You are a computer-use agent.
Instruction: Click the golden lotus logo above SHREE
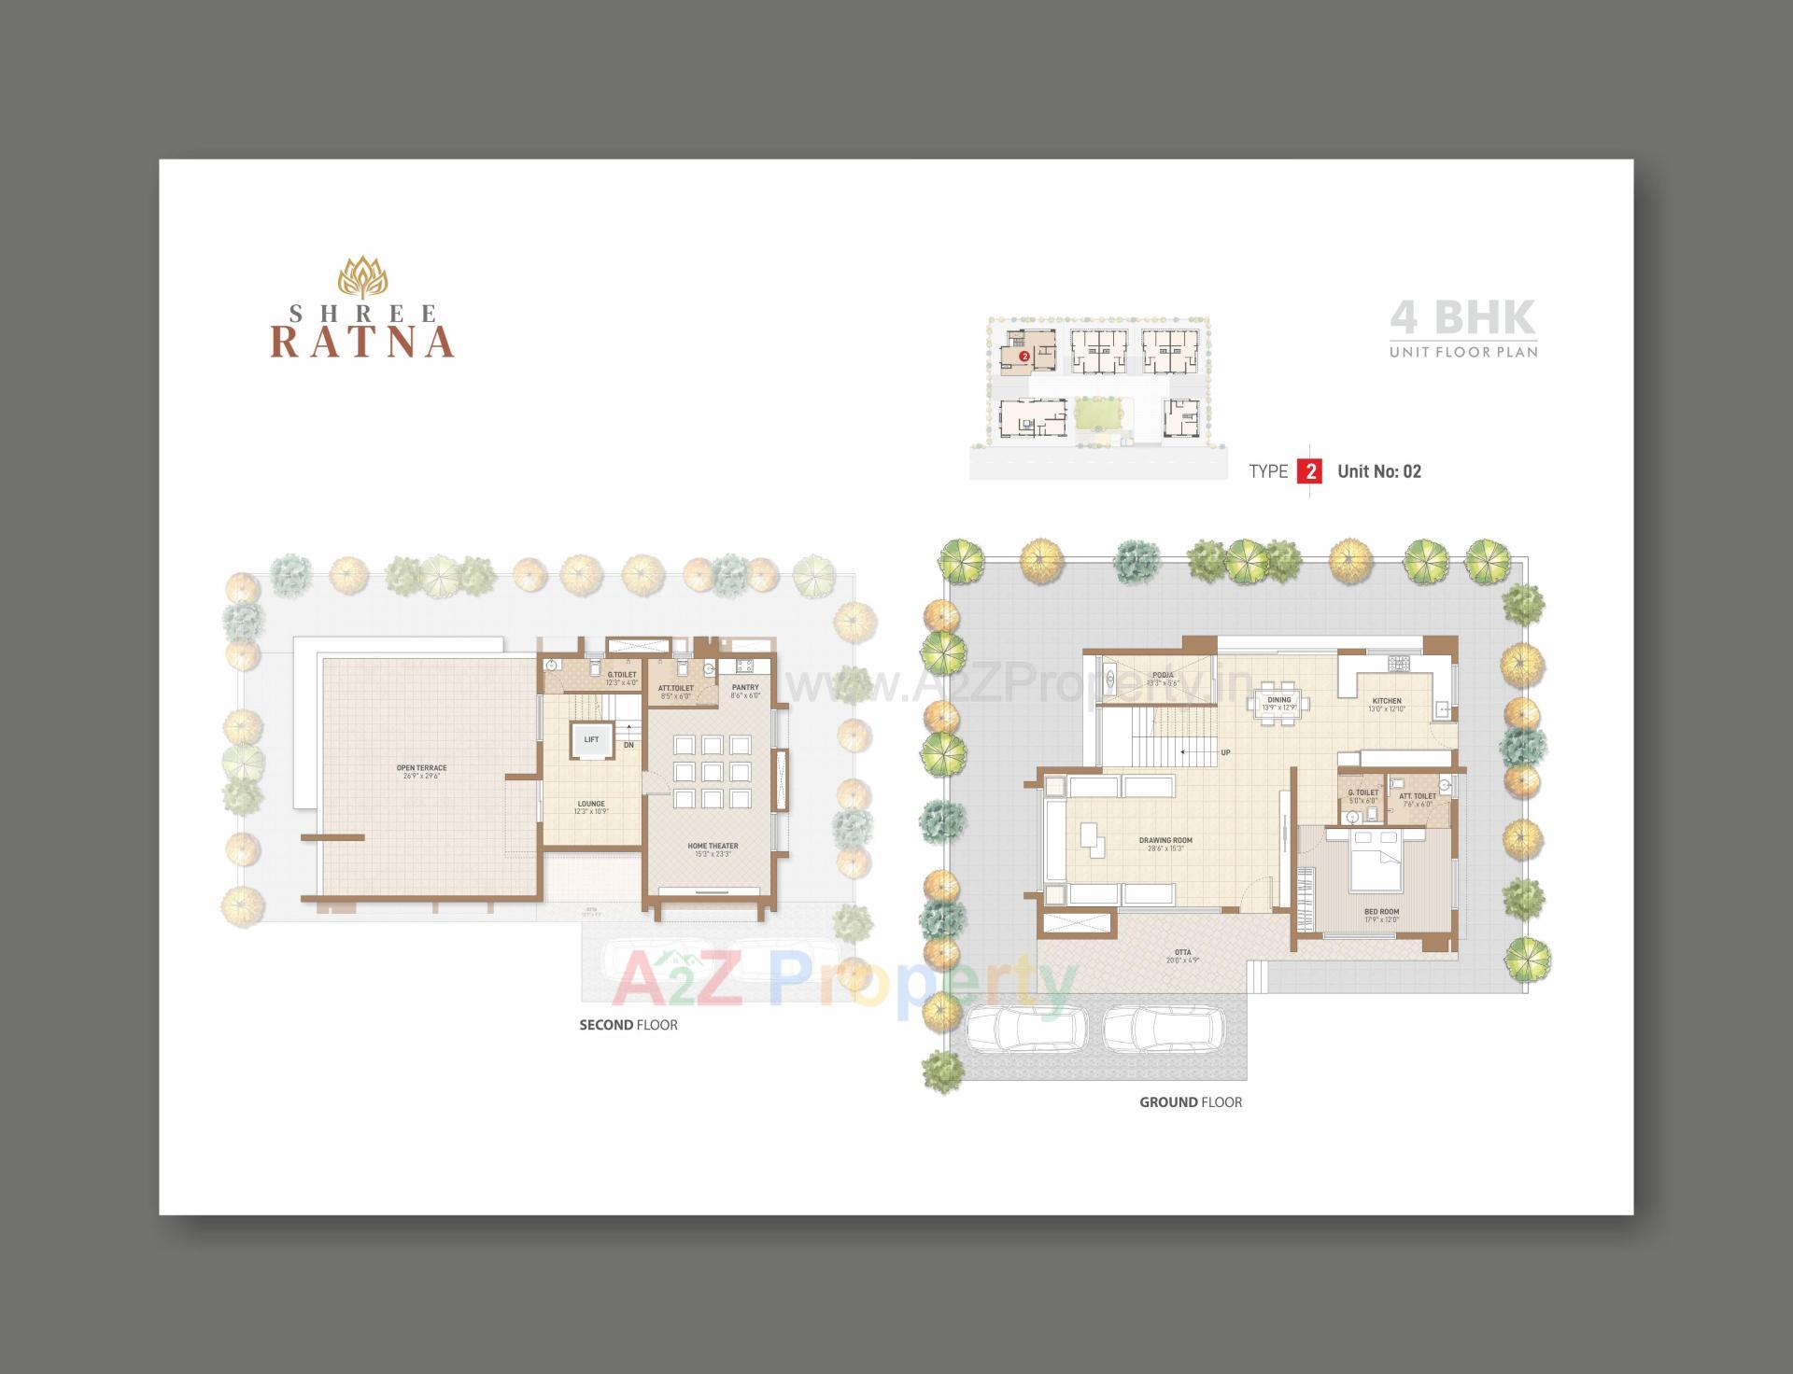pos(361,277)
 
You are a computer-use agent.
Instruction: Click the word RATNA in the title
pos(362,342)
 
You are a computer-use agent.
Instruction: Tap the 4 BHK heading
pos(1462,317)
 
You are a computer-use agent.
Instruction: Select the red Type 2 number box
pos(1309,471)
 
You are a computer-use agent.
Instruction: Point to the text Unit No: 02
pos(1378,471)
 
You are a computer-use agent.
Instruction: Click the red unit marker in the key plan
pos(1024,357)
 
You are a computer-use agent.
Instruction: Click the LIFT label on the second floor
pos(591,739)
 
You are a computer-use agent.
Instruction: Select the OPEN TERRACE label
pos(421,768)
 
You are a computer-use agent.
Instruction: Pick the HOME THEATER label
pos(713,847)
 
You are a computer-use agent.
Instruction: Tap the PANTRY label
pos(745,688)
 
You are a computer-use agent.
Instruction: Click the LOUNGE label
pos(591,804)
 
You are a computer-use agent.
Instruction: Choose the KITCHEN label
pos(1387,701)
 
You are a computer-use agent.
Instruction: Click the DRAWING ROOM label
pos(1165,840)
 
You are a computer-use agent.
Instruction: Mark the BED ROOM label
pos(1381,912)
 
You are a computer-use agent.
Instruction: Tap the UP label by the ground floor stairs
pos(1225,752)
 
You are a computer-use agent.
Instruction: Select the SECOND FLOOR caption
pos(628,1025)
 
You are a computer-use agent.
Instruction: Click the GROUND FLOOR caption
pos(1190,1102)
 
